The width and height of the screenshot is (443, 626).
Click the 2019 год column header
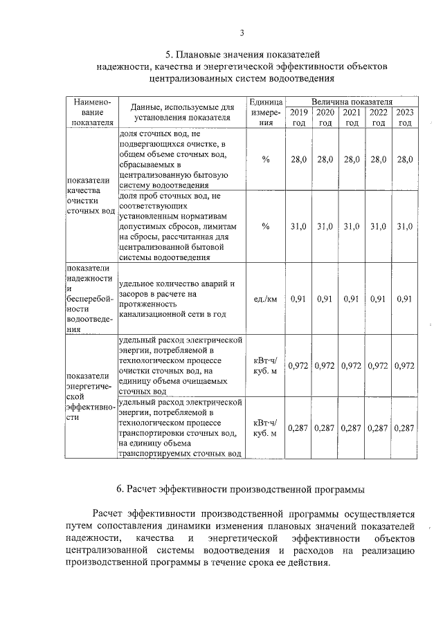[299, 118]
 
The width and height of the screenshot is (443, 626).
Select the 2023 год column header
[405, 118]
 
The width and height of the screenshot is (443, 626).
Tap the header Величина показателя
[352, 102]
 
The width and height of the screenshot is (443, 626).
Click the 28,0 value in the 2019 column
[299, 160]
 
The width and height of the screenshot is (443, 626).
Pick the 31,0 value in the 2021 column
[352, 226]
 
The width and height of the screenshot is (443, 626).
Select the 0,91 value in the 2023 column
[405, 299]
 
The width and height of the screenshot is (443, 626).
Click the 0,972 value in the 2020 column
[325, 365]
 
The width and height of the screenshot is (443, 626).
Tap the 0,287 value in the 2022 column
[379, 428]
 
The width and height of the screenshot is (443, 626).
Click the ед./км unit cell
[265, 299]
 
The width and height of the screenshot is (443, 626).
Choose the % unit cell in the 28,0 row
[265, 160]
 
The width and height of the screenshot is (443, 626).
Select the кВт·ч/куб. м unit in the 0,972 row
[265, 365]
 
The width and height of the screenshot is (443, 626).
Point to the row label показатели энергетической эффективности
[90, 398]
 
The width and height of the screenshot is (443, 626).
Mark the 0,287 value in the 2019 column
[299, 428]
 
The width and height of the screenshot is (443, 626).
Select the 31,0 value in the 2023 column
[405, 226]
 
